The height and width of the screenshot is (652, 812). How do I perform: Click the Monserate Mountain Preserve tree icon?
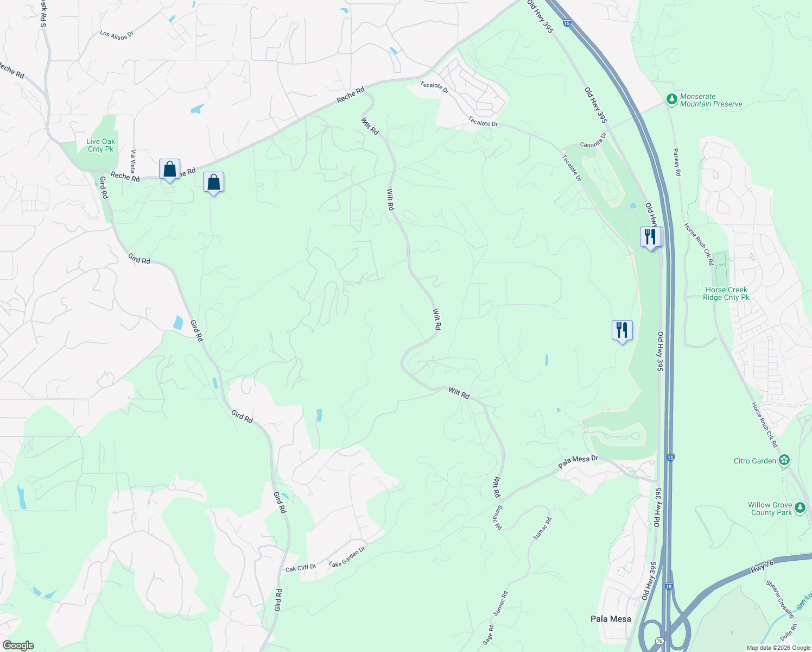(x=672, y=99)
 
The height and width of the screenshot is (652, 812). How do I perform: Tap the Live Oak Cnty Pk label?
(x=101, y=145)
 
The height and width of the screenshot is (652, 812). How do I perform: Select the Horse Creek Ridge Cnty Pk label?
(x=726, y=293)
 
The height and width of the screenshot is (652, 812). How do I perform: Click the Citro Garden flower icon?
(x=784, y=461)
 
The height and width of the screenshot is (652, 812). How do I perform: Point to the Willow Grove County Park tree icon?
(x=800, y=509)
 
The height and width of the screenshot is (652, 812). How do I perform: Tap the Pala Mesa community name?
(x=611, y=619)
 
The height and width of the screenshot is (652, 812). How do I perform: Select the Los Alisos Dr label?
(x=117, y=35)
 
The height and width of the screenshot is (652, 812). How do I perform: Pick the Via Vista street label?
(x=133, y=161)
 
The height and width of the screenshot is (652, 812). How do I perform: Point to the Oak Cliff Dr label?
(x=301, y=568)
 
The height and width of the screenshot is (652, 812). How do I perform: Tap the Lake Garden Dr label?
(x=347, y=557)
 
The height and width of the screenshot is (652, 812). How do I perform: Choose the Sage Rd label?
(x=490, y=635)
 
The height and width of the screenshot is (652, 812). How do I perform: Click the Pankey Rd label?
(x=677, y=162)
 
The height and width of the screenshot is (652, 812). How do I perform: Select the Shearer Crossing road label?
(x=780, y=599)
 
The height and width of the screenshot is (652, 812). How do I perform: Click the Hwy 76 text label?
(x=762, y=566)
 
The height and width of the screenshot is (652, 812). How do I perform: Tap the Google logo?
(x=18, y=645)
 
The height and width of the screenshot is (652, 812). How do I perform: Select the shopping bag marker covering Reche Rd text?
(x=169, y=170)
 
